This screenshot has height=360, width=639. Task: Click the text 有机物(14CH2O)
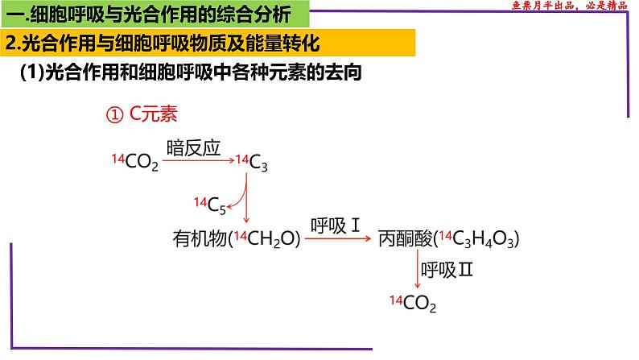click(x=237, y=239)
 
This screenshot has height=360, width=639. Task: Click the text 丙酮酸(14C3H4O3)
click(x=447, y=239)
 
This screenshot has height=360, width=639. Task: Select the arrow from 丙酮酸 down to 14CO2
click(x=417, y=269)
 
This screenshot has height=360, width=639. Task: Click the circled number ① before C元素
click(x=113, y=115)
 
